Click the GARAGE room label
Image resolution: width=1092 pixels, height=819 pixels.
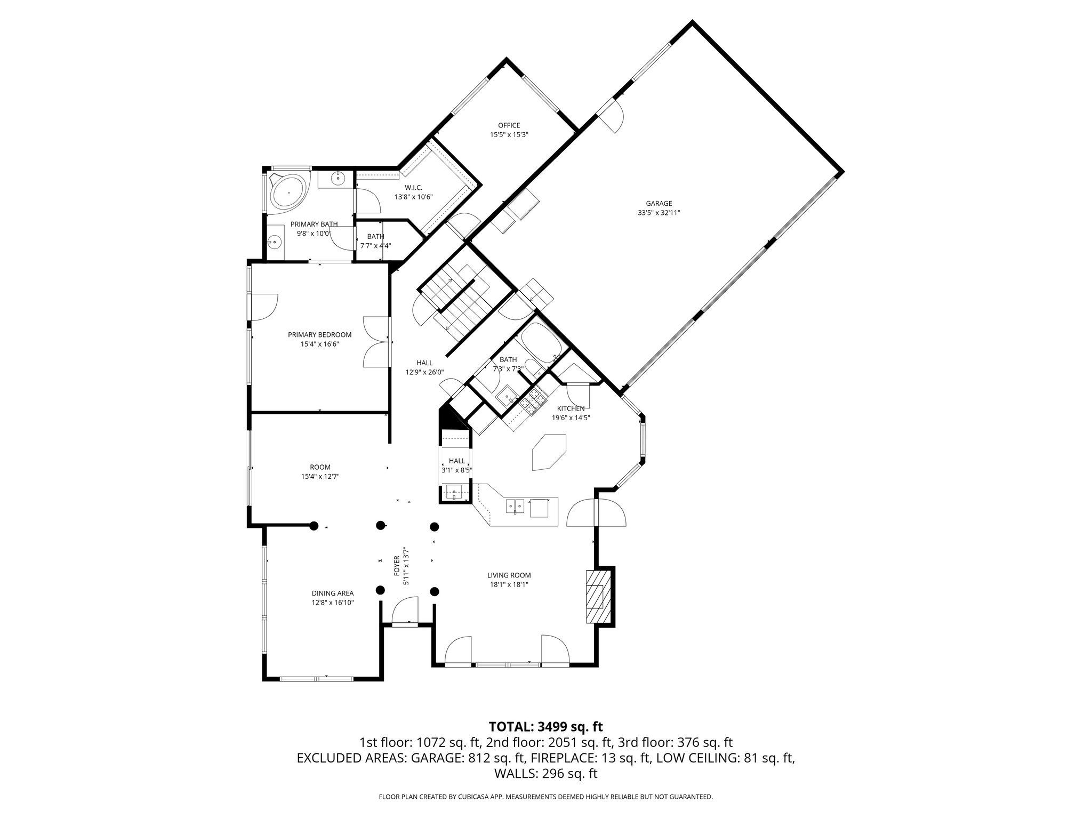point(659,203)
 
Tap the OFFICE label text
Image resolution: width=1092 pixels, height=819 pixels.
point(509,125)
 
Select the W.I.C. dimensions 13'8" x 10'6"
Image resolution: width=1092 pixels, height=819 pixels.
point(413,197)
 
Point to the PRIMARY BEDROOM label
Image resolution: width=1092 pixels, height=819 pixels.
point(319,335)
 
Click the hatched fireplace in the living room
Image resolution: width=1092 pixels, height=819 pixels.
point(596,596)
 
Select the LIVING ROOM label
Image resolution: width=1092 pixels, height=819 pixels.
point(509,575)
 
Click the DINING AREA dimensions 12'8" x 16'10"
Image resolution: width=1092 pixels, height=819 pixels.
point(333,603)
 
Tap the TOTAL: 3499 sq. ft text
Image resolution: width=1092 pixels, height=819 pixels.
point(545,726)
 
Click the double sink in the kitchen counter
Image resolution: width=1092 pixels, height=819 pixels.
point(515,504)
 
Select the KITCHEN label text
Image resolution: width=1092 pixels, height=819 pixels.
point(571,408)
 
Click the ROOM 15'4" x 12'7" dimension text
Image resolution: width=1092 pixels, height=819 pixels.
point(320,477)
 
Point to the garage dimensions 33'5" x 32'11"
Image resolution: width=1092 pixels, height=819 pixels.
point(659,212)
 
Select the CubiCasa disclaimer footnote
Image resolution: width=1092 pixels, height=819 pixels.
point(545,797)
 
